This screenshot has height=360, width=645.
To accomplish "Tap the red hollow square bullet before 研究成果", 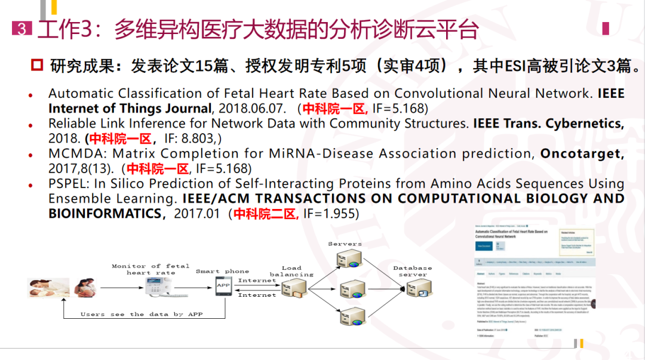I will [38, 64].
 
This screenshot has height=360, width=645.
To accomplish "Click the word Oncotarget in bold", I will [582, 154].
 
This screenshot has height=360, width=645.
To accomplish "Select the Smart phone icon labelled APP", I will [223, 287].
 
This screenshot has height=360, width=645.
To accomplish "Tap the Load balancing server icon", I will [295, 288].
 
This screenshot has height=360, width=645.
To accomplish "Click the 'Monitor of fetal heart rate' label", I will [150, 269].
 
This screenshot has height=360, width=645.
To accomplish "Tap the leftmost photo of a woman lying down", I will [44, 287].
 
